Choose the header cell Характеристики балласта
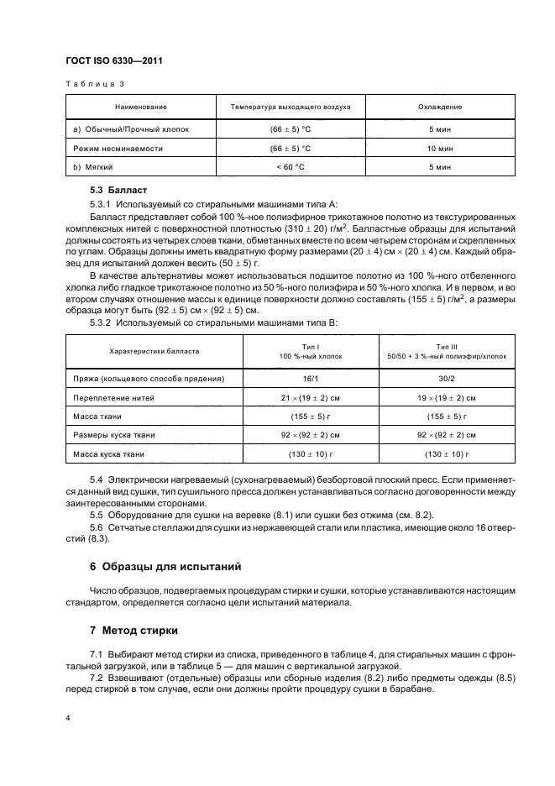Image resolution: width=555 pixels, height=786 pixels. click(154, 352)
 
